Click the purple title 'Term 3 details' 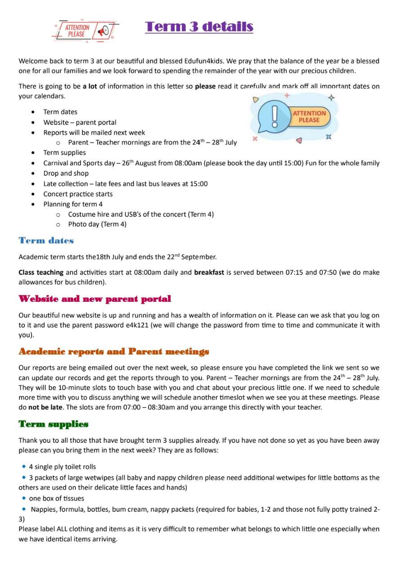(x=199, y=27)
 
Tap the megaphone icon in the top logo (x=103, y=31)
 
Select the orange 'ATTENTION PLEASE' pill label (x=309, y=117)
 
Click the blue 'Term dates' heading (x=46, y=241)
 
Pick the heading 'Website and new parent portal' (x=95, y=299)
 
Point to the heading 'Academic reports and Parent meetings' (x=114, y=351)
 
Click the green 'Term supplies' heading (x=53, y=424)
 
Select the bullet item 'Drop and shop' (x=66, y=173)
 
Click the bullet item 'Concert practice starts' (x=78, y=194)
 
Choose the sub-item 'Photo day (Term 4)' (x=97, y=224)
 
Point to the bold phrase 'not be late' (x=45, y=408)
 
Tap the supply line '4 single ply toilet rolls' (x=62, y=467)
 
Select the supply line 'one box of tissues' (x=56, y=498)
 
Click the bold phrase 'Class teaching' (x=41, y=272)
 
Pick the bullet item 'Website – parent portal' (x=80, y=123)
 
